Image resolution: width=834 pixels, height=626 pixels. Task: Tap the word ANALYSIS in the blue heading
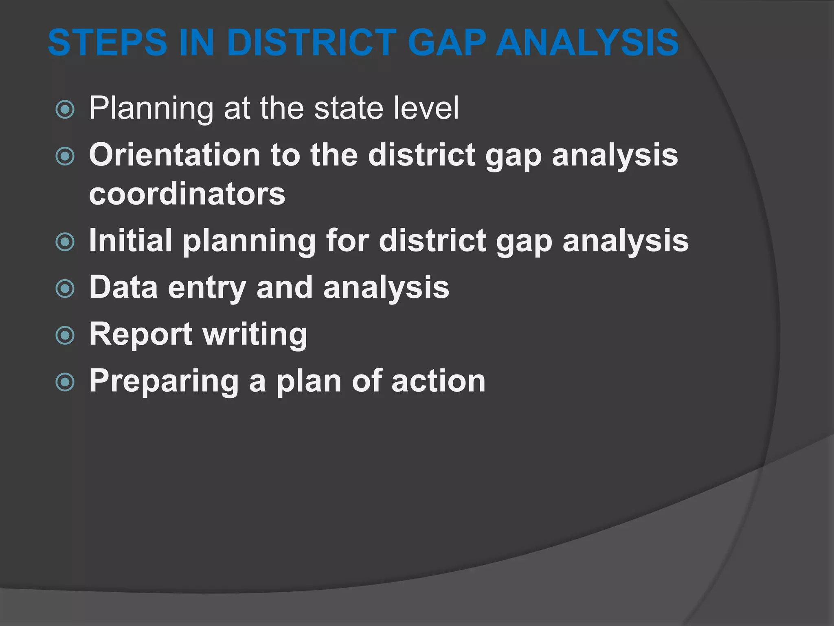(x=587, y=42)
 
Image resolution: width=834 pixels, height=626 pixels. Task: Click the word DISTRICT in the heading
(x=312, y=42)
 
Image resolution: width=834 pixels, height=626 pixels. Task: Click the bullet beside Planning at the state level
(x=65, y=109)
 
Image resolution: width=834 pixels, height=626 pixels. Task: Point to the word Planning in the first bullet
(x=151, y=108)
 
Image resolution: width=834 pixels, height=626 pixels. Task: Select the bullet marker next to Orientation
(x=65, y=156)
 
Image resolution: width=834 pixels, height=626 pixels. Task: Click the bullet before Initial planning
(x=65, y=242)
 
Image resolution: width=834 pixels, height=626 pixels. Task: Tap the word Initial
(x=130, y=240)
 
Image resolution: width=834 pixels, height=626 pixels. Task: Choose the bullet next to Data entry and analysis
(x=65, y=289)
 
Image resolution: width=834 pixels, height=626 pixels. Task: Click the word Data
(x=123, y=287)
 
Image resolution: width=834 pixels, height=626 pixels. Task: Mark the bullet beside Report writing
(x=65, y=335)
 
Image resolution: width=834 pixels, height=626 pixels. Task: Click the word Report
(x=140, y=334)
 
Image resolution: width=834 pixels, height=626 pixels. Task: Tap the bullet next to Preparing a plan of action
(x=65, y=382)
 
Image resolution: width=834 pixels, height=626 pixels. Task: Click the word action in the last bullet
(x=438, y=381)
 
